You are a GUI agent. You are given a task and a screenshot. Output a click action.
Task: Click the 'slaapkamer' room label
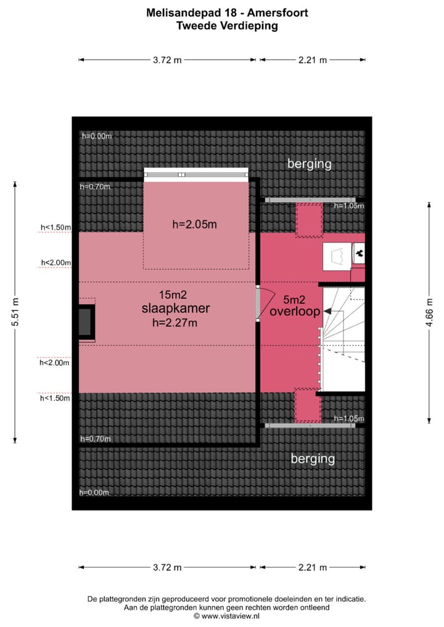(176, 309)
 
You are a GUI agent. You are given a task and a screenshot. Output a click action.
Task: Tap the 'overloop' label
(295, 312)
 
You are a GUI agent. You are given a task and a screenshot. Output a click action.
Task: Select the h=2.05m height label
(195, 224)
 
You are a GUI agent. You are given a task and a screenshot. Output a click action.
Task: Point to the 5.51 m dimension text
(15, 312)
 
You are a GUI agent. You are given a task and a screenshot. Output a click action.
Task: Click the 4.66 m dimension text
(429, 312)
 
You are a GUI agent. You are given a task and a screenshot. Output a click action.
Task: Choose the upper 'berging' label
(310, 164)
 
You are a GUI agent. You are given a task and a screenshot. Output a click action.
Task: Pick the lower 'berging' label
(313, 459)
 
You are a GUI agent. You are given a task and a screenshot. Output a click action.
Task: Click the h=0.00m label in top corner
(97, 136)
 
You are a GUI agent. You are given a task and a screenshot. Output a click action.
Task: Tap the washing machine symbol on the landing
(337, 256)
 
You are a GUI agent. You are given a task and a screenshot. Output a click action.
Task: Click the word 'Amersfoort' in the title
(277, 13)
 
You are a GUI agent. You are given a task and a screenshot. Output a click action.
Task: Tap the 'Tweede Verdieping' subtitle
(227, 26)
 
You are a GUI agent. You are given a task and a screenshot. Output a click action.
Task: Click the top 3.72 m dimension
(167, 60)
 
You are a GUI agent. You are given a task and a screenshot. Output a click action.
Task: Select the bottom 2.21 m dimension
(313, 567)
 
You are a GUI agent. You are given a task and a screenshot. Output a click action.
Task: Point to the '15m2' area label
(173, 294)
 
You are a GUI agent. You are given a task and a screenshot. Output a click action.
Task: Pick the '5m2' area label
(294, 299)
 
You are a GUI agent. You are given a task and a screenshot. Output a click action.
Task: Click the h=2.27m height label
(175, 322)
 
